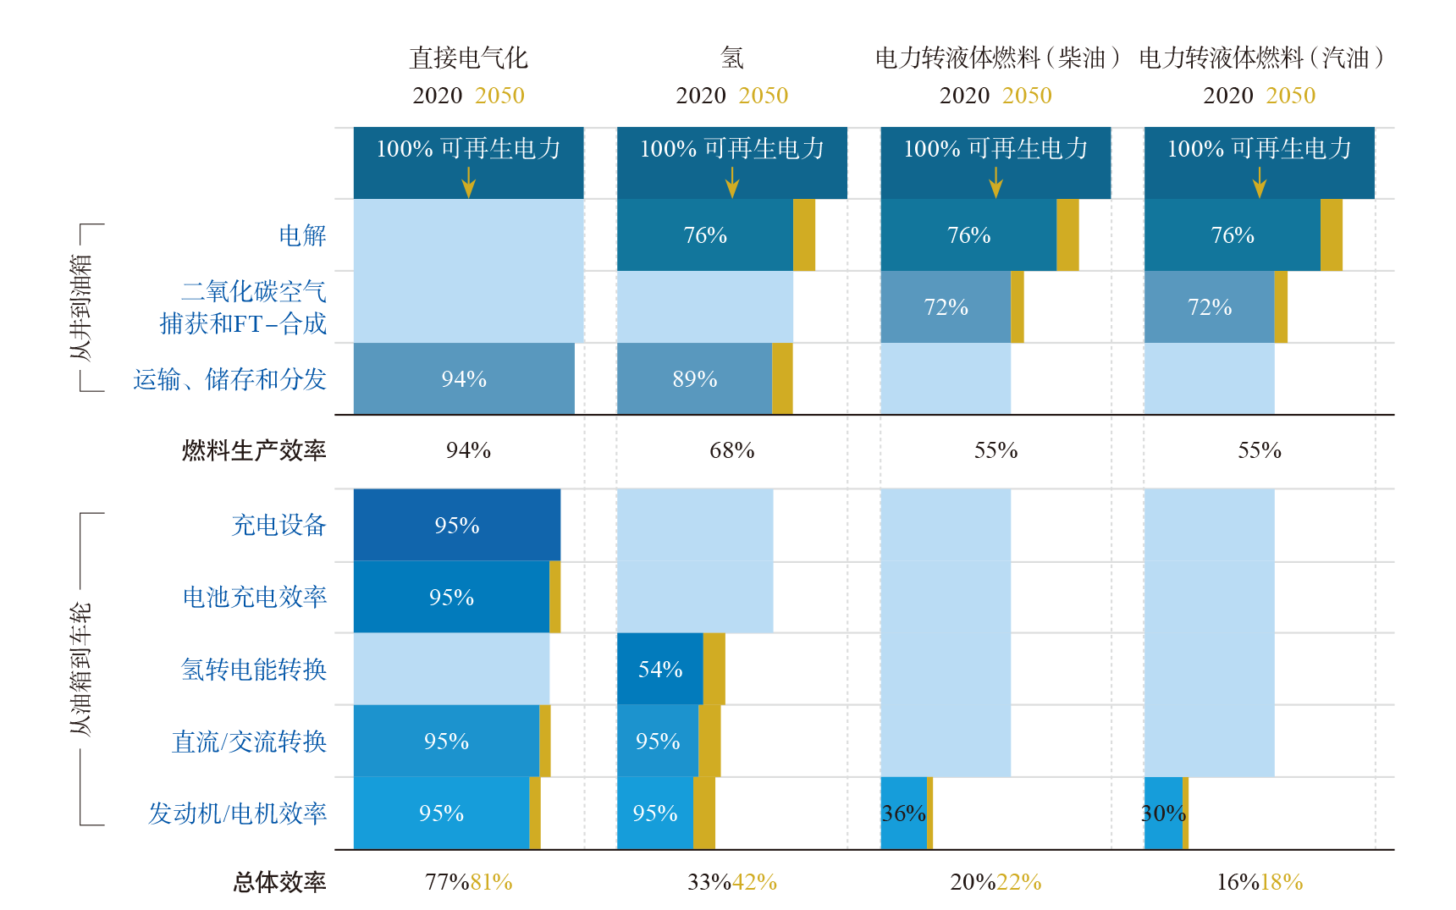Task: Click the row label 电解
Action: (x=302, y=235)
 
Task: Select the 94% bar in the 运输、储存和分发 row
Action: (x=463, y=378)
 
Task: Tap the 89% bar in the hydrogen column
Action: (x=694, y=378)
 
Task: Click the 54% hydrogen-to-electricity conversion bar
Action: (x=659, y=669)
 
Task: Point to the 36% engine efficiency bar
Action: (x=903, y=813)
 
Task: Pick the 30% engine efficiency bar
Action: (x=1164, y=813)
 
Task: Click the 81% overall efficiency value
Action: (x=491, y=882)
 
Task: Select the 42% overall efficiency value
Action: (x=754, y=882)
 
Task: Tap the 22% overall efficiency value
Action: (x=1018, y=882)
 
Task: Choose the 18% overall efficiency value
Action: (x=1282, y=882)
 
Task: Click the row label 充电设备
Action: (x=279, y=525)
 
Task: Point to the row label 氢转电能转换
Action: (x=253, y=670)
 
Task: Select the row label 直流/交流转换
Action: (x=249, y=742)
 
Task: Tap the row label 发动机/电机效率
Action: (x=237, y=813)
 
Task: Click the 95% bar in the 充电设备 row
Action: (x=456, y=525)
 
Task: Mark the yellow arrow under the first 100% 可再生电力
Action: (x=468, y=182)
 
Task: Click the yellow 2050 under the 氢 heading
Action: (x=764, y=96)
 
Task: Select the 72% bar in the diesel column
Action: (x=946, y=306)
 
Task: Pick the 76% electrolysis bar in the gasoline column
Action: (x=1232, y=234)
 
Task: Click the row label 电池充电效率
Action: (x=254, y=597)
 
